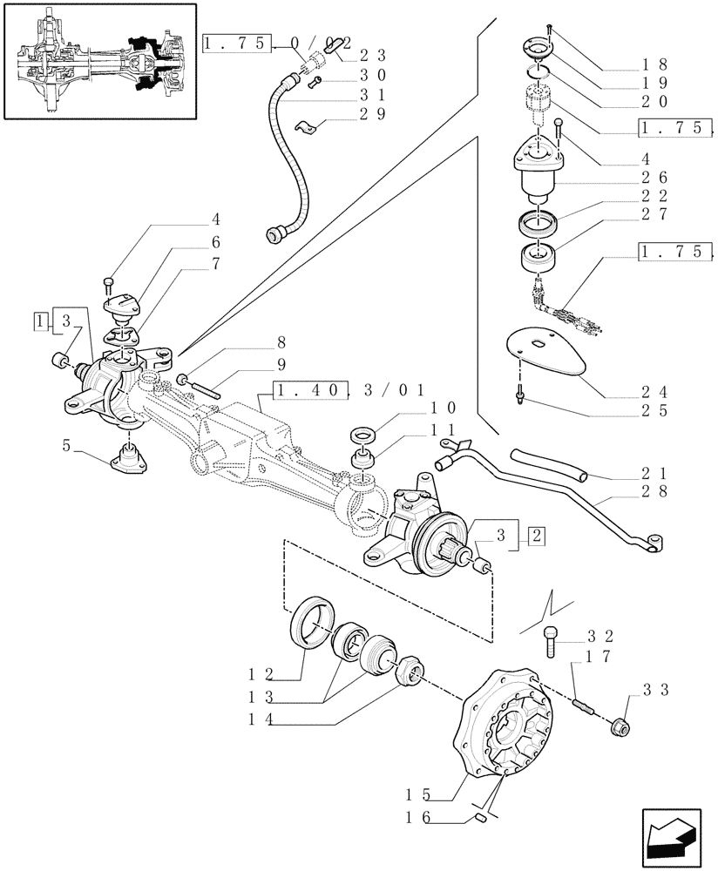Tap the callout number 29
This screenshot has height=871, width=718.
click(x=371, y=115)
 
